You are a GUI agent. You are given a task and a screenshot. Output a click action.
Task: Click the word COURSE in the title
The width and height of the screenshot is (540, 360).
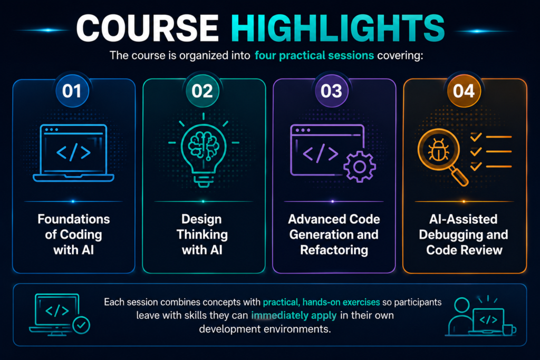[x=148, y=28]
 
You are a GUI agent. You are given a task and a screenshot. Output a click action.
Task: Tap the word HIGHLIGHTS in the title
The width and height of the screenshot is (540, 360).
[x=338, y=28]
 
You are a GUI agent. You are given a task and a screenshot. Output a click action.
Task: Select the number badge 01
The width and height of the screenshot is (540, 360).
[x=72, y=91]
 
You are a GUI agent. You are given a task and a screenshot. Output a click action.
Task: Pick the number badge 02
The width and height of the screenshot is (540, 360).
[x=202, y=91]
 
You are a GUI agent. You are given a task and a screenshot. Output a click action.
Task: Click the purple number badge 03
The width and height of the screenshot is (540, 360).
[x=331, y=91]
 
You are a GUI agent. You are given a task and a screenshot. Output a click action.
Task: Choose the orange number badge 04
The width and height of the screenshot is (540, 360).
[x=464, y=91]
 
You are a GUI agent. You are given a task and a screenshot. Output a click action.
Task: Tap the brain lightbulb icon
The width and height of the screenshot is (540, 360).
[x=204, y=150]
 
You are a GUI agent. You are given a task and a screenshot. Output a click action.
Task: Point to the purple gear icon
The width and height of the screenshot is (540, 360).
[x=360, y=167]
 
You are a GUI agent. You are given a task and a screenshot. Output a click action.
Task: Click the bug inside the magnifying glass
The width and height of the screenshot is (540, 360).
[x=438, y=150]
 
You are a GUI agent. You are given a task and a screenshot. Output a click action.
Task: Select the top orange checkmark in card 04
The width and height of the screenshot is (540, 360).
[x=476, y=137]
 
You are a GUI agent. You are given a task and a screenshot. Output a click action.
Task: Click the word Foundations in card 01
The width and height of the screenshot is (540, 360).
[x=74, y=219]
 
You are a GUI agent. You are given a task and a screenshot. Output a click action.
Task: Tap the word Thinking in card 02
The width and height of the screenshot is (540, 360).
[x=202, y=235]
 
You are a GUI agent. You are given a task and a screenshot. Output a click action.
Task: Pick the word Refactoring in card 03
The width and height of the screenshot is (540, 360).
[x=334, y=250]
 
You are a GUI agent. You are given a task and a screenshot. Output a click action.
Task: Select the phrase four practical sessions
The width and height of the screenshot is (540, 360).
[x=314, y=55]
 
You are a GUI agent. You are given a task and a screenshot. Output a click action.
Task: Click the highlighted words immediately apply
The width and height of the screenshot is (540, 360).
[x=294, y=316]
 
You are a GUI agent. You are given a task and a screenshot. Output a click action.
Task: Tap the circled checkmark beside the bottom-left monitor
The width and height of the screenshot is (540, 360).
[x=81, y=325]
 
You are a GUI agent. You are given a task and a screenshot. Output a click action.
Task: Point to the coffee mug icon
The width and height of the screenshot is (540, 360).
[x=509, y=329]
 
